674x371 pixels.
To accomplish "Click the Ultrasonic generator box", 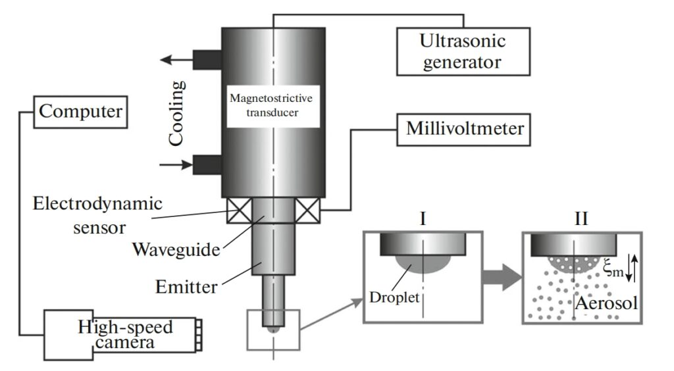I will pyautogui.click(x=463, y=51).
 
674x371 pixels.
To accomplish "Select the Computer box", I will pyautogui.click(x=80, y=111).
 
